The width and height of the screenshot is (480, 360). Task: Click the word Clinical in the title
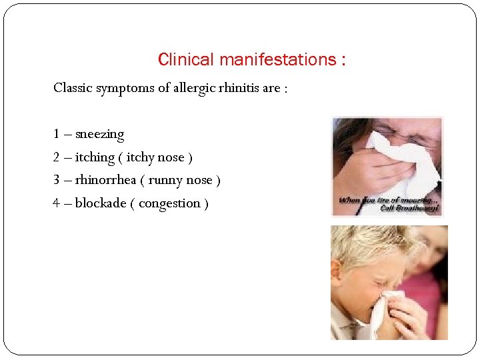click(x=181, y=60)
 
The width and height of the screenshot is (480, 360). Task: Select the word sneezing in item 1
click(x=99, y=135)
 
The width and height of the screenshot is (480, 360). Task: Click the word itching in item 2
click(x=95, y=157)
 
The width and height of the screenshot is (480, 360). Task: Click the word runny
click(x=165, y=181)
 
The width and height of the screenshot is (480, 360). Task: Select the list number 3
click(x=57, y=180)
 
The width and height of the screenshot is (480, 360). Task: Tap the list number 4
click(x=57, y=203)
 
